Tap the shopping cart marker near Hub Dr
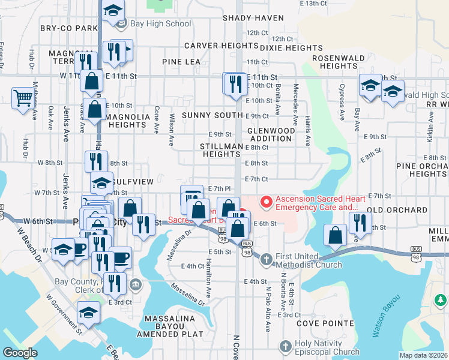(23, 98)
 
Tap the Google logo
(20, 353)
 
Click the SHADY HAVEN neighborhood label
(253, 18)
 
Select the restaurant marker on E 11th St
(235, 83)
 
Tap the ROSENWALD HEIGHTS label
(335, 62)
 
